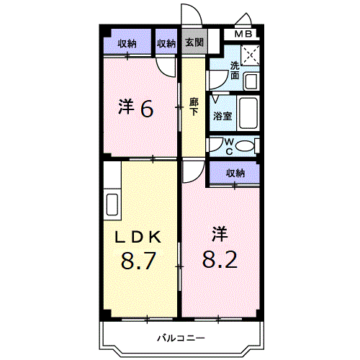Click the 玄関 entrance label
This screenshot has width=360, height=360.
pos(194,42)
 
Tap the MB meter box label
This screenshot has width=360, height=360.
pos(243,34)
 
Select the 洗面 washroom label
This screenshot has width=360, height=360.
pos(235,70)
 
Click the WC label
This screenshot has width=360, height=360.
pos(227,146)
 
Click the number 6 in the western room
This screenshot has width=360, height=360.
pos(146,108)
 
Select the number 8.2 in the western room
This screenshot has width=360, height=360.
pos(220,257)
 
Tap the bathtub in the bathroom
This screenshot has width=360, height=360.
pos(248,113)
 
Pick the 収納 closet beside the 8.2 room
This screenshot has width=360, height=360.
pos(235,173)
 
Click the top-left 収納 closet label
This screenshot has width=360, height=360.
pos(127,43)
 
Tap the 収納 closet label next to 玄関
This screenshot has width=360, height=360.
pos(166,43)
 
